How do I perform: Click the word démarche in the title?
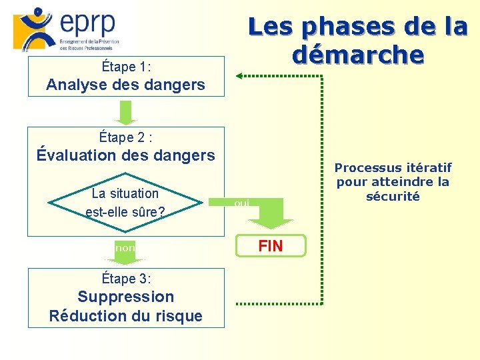[x=358, y=54]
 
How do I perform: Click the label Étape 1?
[x=126, y=67]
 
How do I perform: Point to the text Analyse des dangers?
[x=126, y=85]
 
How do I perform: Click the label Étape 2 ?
[x=126, y=137]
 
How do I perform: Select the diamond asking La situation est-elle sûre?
[x=126, y=203]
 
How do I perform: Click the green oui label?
[x=242, y=203]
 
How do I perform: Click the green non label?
[x=125, y=247]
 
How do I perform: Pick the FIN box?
[x=271, y=246]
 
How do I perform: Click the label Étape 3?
[x=126, y=279]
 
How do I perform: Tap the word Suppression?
[x=126, y=297]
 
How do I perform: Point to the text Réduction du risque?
[x=126, y=316]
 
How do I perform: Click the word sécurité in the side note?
[x=393, y=196]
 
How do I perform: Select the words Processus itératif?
[x=393, y=167]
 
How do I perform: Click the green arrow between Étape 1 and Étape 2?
[x=125, y=112]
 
